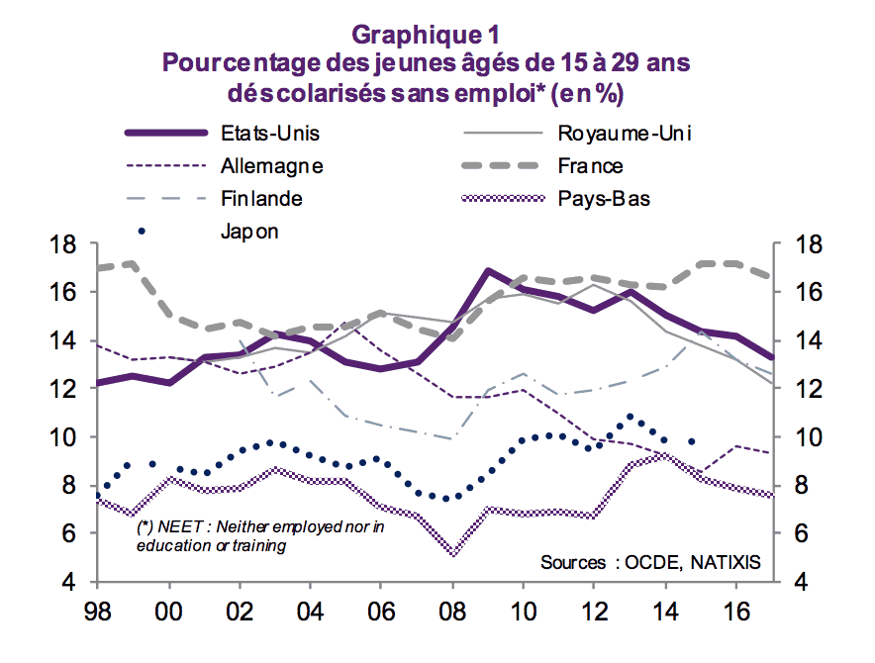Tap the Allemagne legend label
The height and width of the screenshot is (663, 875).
[x=272, y=165]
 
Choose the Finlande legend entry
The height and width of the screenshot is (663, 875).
[x=261, y=198]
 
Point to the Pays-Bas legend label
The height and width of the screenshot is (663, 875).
[x=604, y=198]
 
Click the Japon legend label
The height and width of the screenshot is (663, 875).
[x=249, y=232]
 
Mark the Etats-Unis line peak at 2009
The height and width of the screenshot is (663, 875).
[x=488, y=270]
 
